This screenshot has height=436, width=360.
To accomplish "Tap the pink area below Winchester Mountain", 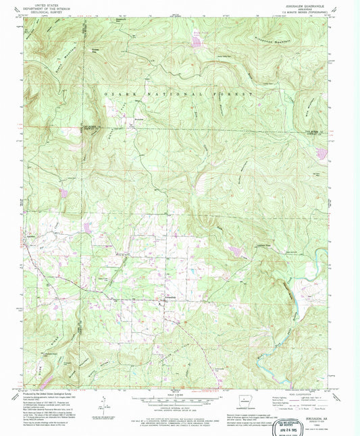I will [197, 43].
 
